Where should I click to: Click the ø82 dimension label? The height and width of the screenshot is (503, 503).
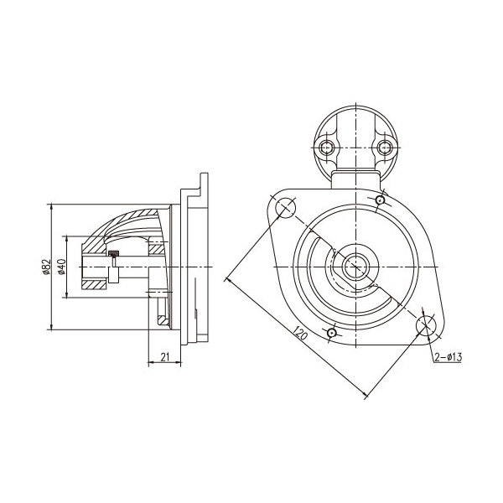(46, 267)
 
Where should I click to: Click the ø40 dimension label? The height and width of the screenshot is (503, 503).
(61, 267)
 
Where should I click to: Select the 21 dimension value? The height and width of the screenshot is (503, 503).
(164, 357)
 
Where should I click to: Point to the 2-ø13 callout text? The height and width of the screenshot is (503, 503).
(449, 357)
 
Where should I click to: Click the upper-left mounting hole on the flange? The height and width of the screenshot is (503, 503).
(285, 207)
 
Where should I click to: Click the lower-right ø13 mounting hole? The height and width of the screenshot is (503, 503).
(427, 325)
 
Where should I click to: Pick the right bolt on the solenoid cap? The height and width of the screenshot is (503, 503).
(384, 148)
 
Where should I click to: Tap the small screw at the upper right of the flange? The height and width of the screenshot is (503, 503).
(381, 200)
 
